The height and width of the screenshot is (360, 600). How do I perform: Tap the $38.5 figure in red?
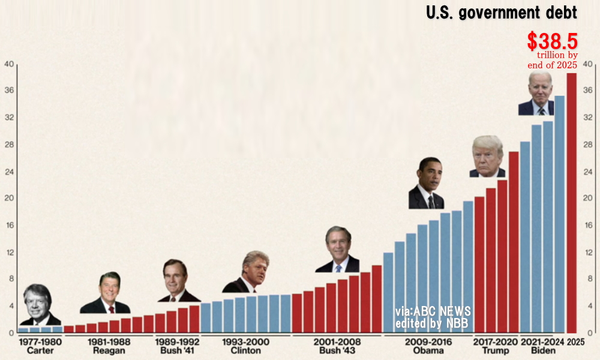pyautogui.click(x=552, y=41)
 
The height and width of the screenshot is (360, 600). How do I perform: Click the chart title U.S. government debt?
pyautogui.click(x=502, y=13)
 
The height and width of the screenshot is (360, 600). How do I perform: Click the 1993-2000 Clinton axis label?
pyautogui.click(x=245, y=346)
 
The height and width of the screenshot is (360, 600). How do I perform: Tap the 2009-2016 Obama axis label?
pyautogui.click(x=428, y=346)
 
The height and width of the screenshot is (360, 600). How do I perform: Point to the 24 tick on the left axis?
pyautogui.click(x=9, y=172)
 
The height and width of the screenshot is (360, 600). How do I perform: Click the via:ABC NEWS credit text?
pyautogui.click(x=433, y=312)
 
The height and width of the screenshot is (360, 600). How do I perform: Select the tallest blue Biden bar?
pyautogui.click(x=559, y=214)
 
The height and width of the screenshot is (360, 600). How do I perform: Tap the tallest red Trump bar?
pyautogui.click(x=514, y=242)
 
